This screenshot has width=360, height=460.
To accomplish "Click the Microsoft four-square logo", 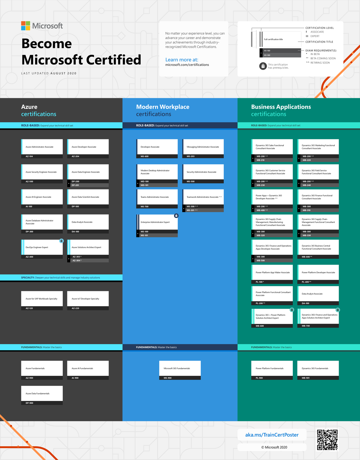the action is pyautogui.click(x=25, y=26).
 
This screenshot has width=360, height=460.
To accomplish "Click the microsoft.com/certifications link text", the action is pyautogui.click(x=187, y=65).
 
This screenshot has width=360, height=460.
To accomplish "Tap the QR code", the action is pyautogui.click(x=327, y=440).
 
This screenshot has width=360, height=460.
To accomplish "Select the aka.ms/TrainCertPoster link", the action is pyautogui.click(x=272, y=435).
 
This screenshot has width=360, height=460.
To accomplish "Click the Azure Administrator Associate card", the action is pyautogui.click(x=42, y=147).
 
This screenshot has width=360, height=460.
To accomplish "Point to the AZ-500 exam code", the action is pyautogui.click(x=29, y=181).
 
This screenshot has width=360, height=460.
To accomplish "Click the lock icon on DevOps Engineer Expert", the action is pyautogui.click(x=61, y=241).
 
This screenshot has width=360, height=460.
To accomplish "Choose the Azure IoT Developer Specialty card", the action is pyautogui.click(x=88, y=299).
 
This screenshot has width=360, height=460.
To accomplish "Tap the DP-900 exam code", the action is pyautogui.click(x=29, y=403).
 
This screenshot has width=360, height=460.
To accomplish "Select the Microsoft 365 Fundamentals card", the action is pyautogui.click(x=180, y=368).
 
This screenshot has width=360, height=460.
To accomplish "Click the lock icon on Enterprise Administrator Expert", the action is pyautogui.click(x=176, y=215).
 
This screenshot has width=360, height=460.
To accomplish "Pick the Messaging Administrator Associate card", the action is pyautogui.click(x=203, y=147).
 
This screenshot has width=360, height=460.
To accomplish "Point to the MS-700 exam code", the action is pyautogui.click(x=145, y=206).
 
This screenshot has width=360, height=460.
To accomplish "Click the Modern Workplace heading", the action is pyautogui.click(x=163, y=107).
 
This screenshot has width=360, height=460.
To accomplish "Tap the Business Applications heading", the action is pyautogui.click(x=281, y=107).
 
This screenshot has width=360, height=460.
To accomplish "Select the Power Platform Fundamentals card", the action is pyautogui.click(x=272, y=368).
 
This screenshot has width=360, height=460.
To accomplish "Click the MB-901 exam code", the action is pyautogui.click(x=306, y=378).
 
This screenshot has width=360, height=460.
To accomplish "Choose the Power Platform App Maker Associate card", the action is pyautogui.click(x=272, y=272).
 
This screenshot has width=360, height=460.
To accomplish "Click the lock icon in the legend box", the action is pyautogui.click(x=263, y=66).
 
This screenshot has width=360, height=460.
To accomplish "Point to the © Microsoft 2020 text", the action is pyautogui.click(x=274, y=447).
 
